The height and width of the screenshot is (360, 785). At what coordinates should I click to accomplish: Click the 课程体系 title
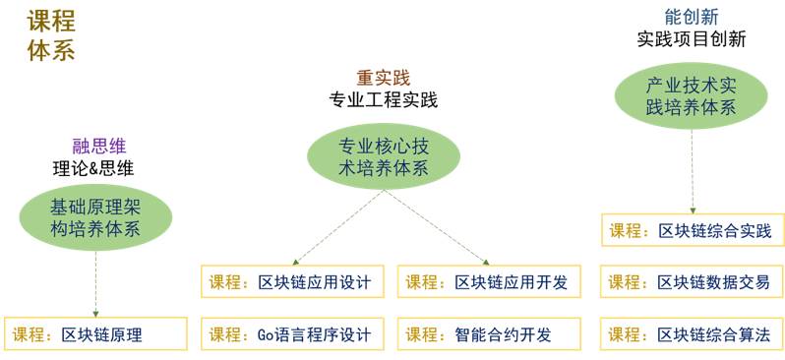point(51,36)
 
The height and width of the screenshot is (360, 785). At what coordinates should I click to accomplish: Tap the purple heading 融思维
point(99,146)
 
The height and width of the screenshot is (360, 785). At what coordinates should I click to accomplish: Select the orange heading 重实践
point(383,78)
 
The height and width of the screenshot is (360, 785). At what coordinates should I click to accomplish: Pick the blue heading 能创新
point(692,17)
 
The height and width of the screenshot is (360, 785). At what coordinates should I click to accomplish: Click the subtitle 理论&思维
point(93,169)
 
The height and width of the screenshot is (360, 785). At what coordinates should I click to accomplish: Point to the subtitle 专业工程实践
point(383,100)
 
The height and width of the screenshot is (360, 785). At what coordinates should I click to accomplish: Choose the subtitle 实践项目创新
point(692,39)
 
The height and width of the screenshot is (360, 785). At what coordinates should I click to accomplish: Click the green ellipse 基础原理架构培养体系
point(95,217)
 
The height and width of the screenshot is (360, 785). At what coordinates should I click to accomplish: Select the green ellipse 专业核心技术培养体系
point(383,156)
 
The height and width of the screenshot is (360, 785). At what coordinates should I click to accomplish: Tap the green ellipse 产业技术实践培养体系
point(692,95)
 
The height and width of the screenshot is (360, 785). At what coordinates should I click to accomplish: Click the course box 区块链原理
point(95,334)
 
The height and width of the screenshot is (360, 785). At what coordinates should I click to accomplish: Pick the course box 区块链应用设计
point(293,281)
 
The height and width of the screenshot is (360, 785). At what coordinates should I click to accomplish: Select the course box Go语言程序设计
point(293,334)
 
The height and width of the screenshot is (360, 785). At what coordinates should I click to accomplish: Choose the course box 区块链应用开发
point(490,281)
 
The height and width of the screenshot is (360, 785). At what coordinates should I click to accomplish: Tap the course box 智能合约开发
point(490,334)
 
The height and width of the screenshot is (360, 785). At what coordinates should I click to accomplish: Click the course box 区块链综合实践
point(693,230)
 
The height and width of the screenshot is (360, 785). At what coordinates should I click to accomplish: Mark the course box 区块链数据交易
point(693,281)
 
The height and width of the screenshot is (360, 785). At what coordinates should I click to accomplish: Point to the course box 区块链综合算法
point(693,334)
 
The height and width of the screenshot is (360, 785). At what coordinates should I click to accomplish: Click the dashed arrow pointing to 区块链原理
point(95,284)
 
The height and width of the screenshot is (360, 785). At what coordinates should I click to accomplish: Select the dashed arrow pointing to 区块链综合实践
point(693,172)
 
